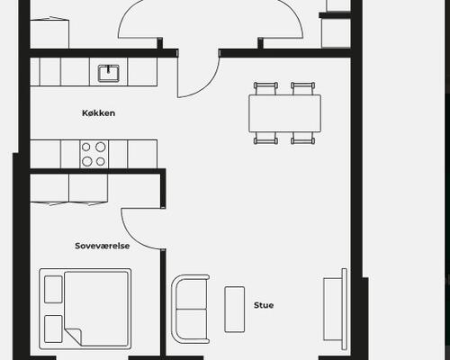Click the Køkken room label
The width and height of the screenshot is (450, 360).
pyautogui.click(x=98, y=113)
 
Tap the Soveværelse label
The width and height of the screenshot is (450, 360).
pyautogui.click(x=103, y=246)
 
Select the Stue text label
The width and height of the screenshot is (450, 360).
pyautogui.click(x=264, y=305)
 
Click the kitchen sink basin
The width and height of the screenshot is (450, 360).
pyautogui.click(x=108, y=74)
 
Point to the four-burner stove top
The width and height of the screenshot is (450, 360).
pyautogui.click(x=94, y=154)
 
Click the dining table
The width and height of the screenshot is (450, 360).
pyautogui.click(x=284, y=113)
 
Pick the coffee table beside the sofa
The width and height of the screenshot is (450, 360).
pyautogui.click(x=235, y=310)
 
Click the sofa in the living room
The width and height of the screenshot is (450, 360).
pyautogui.click(x=190, y=309)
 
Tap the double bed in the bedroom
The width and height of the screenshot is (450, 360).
pyautogui.click(x=85, y=309)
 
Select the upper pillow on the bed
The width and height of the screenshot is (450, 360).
pyautogui.click(x=53, y=290)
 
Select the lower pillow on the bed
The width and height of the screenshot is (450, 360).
pyautogui.click(x=53, y=328)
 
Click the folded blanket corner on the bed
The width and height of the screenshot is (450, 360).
pyautogui.click(x=74, y=337)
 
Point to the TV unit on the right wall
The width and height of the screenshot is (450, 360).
pyautogui.click(x=335, y=310)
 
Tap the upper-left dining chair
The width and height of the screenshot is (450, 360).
pyautogui.click(x=265, y=88)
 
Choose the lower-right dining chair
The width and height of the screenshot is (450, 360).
pyautogui.click(x=303, y=139)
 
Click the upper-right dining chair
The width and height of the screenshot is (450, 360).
pyautogui.click(x=303, y=88)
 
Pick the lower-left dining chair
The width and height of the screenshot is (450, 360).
pyautogui.click(x=265, y=139)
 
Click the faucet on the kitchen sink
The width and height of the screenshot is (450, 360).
pyautogui.click(x=108, y=70)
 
